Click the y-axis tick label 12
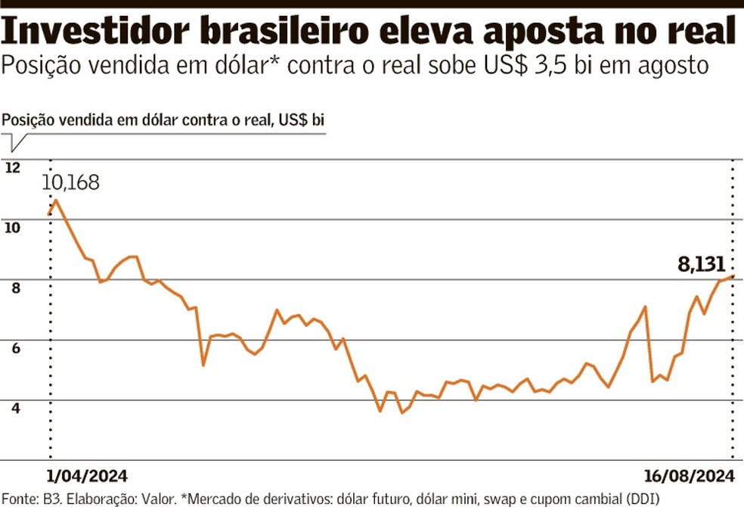[x=12, y=168]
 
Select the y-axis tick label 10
[x=12, y=228]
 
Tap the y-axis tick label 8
[x=12, y=288]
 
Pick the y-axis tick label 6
[x=12, y=347]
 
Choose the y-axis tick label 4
[x=12, y=407]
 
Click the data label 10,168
[x=70, y=182]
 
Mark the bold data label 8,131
[x=701, y=265]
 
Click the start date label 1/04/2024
[x=87, y=476]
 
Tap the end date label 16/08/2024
[x=690, y=476]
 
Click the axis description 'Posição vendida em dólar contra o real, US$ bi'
[x=164, y=120]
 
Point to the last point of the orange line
[x=733, y=276]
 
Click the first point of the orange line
[x=49, y=214]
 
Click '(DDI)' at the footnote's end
[x=643, y=498]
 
